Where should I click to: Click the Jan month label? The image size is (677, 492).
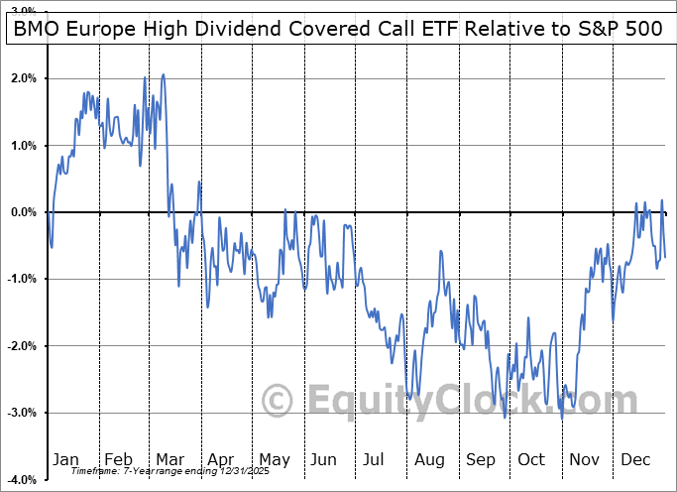[x=65, y=460]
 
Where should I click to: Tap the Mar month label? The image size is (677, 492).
[x=169, y=460]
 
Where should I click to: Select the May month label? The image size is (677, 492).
[x=274, y=460]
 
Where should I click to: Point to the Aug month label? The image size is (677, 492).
[x=430, y=460]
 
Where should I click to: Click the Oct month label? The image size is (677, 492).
[x=532, y=460]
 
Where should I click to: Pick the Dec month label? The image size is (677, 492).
[x=636, y=460]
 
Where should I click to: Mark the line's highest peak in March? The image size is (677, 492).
[x=163, y=74]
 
